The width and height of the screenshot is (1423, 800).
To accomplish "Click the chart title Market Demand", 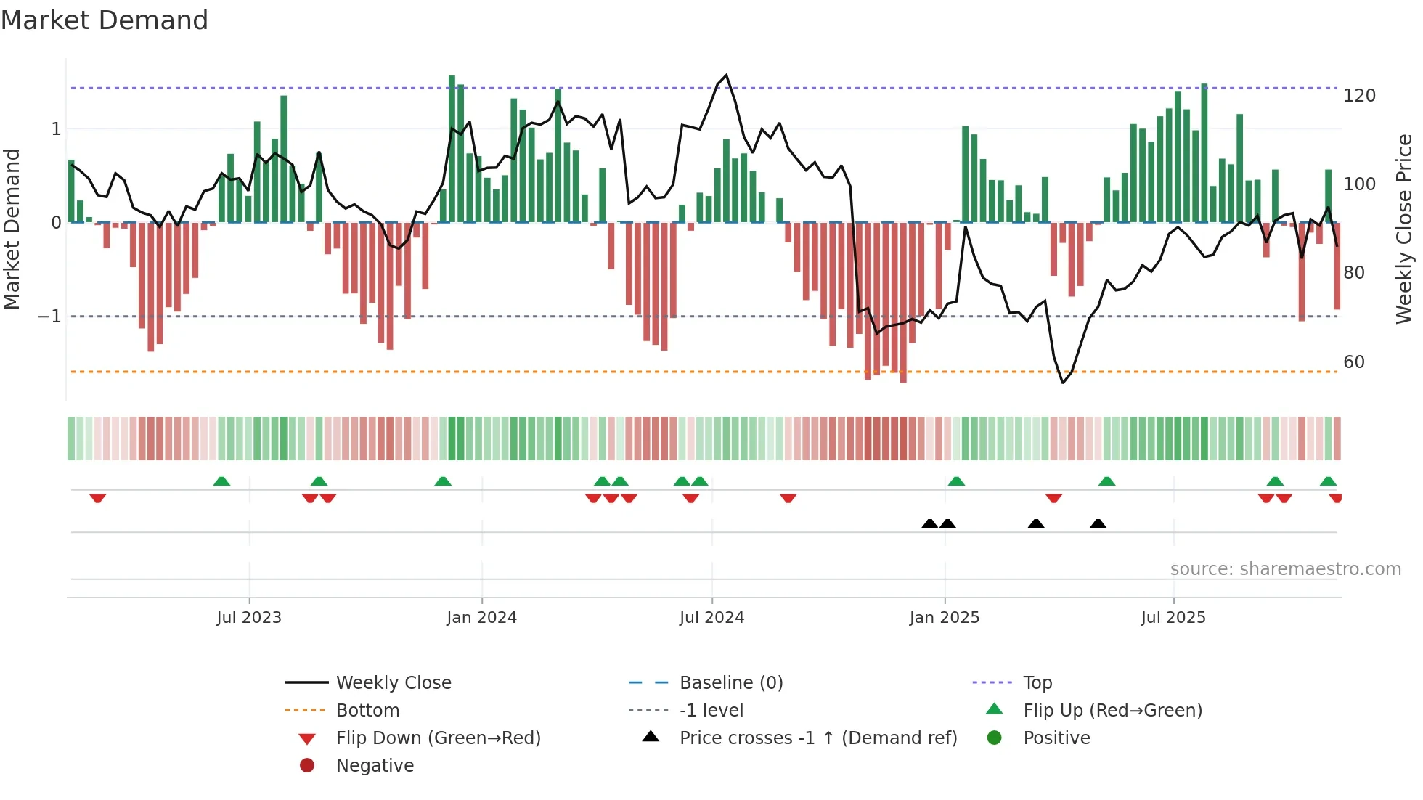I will point(105,20).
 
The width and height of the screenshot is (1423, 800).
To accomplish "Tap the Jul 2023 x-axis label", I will point(248,617).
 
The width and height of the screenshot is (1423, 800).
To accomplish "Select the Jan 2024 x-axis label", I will point(481,617).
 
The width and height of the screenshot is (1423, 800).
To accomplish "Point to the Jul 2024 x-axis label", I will point(711,617).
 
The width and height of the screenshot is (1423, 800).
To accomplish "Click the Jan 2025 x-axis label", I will point(944,617).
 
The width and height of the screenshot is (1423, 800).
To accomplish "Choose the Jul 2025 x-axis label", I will point(1173,617).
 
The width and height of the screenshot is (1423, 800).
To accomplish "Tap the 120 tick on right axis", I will point(1359,96).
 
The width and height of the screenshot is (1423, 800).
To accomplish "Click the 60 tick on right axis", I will point(1353,362).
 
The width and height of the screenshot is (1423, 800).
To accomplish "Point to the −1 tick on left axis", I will point(49,317).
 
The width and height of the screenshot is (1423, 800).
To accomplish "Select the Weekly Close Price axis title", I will point(1404,229).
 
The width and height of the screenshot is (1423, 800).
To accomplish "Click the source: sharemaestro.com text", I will point(1285,568).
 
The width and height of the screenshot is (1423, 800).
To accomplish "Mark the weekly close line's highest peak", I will point(726,75).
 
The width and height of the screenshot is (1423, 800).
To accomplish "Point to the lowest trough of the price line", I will point(1063,383).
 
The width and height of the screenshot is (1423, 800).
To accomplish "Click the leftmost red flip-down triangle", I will point(98,498).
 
